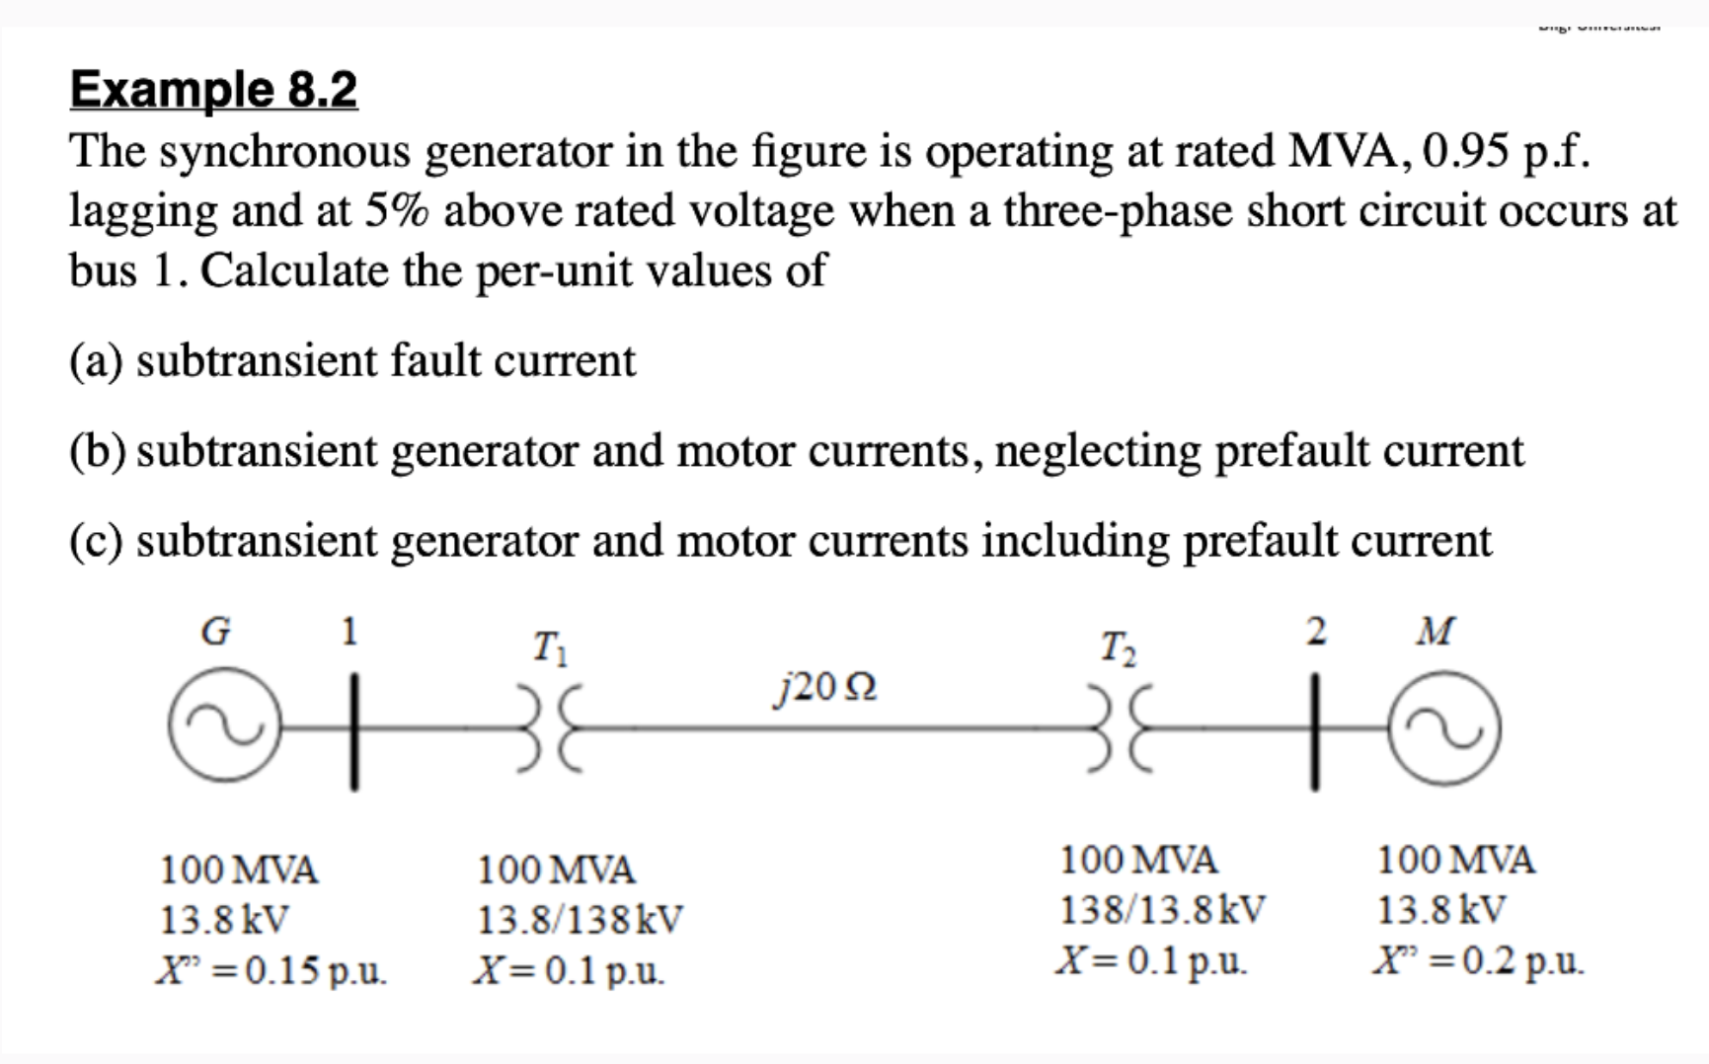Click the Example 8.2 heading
coord(213,90)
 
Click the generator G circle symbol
coord(216,729)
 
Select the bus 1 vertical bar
coord(353,730)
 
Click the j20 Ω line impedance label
coord(824,686)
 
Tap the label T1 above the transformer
coord(549,648)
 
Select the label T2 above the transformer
coord(1119,648)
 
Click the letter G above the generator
coord(215,631)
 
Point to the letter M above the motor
coord(1435,631)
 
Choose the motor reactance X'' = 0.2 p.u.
coord(1478,959)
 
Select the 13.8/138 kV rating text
coord(580,920)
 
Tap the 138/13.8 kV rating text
coord(1161,909)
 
